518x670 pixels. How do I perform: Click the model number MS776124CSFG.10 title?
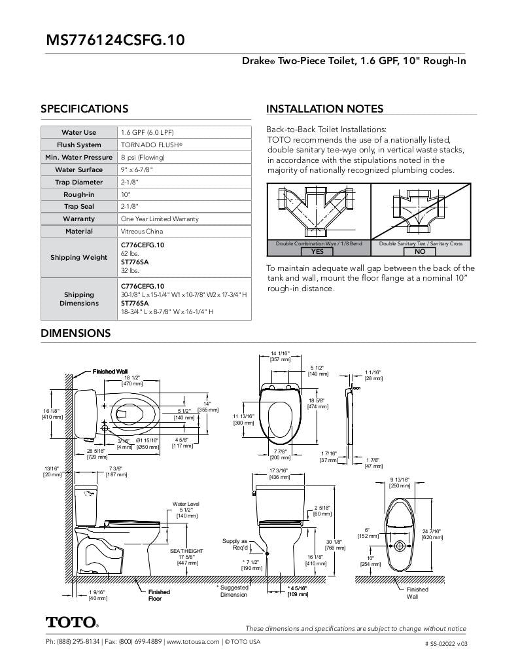coord(115,40)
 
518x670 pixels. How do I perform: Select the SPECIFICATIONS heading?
coord(84,109)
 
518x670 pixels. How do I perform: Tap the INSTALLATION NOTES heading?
coord(324,109)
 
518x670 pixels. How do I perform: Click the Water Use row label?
coord(78,132)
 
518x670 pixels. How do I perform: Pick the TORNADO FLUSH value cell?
coord(152,145)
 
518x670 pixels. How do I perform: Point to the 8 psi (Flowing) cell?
coord(143,157)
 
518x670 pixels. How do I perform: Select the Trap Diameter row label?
coord(78,182)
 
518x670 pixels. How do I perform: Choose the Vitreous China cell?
coord(143,231)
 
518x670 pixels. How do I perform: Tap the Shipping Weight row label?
coord(78,257)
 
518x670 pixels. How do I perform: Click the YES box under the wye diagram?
coord(318,251)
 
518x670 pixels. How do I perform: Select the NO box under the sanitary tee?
coord(421,251)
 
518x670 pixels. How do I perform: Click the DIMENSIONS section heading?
coord(75,333)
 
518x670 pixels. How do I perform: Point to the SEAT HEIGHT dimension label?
coord(187,551)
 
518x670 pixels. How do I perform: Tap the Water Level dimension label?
coord(186,504)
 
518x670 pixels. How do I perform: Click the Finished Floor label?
coord(159,595)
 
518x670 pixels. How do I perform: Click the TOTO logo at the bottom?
coord(72,622)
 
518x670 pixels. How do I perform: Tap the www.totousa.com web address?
coord(193,642)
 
